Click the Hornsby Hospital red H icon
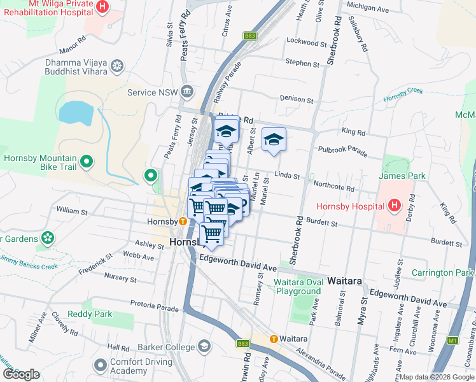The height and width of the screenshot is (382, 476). [x=394, y=206]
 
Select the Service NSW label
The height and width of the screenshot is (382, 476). [x=150, y=92]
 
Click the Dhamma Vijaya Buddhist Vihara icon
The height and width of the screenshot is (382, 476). [x=116, y=66]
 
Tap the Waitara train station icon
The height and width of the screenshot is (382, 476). [x=274, y=339]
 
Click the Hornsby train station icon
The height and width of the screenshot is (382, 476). [x=183, y=222]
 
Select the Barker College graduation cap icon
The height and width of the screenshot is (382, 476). [x=204, y=346]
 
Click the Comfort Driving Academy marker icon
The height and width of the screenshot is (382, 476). [x=100, y=365]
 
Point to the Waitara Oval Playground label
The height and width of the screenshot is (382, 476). [x=297, y=287]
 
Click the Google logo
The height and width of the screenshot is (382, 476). [x=21, y=374]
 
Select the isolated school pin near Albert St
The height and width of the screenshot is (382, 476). [x=274, y=141]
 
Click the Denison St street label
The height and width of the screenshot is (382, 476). [x=297, y=99]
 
